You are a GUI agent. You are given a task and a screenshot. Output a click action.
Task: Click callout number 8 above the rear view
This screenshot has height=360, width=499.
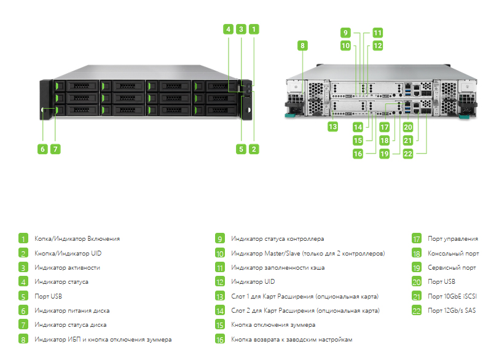coord(302,45)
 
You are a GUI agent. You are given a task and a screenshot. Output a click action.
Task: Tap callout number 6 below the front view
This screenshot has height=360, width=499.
coord(42,149)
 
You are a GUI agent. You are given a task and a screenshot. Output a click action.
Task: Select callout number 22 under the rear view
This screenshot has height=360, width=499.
coord(407,154)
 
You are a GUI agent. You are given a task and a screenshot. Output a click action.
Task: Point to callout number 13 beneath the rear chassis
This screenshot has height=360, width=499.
coord(332,127)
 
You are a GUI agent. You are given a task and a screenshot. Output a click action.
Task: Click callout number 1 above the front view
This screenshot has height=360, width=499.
coord(254,29)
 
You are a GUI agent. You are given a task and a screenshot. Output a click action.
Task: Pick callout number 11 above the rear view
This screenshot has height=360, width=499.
coord(377,33)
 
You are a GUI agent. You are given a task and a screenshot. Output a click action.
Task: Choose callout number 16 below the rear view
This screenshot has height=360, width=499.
coord(358,154)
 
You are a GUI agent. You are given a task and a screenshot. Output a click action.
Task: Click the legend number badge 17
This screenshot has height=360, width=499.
coord(417,238)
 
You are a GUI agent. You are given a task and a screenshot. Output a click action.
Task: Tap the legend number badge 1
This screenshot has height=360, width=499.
coord(23,238)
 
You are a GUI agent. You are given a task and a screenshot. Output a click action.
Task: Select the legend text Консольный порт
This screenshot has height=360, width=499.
coord(453,254)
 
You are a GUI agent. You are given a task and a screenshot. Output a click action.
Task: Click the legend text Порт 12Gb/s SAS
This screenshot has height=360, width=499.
coord(452,310)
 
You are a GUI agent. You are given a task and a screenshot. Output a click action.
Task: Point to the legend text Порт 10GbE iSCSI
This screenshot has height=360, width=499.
coord(452,296)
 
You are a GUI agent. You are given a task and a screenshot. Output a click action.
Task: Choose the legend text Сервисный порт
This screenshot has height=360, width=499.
coord(452,268)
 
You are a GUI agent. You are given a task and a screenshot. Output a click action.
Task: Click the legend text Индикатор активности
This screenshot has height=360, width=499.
coord(67,268)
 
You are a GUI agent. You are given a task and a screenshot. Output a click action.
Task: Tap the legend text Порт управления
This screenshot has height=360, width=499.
coord(453,239)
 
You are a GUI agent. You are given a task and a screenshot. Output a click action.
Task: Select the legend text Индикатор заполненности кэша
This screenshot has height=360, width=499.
coord(278,268)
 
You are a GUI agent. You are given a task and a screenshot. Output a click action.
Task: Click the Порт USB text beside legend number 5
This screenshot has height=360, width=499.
coord(48,296)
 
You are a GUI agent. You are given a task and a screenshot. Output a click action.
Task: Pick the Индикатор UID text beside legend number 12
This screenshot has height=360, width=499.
coord(253,282)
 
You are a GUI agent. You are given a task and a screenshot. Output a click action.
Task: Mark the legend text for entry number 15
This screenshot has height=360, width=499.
coord(273,325)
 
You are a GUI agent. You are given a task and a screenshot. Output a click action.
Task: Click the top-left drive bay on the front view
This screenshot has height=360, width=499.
coord(76,86)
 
